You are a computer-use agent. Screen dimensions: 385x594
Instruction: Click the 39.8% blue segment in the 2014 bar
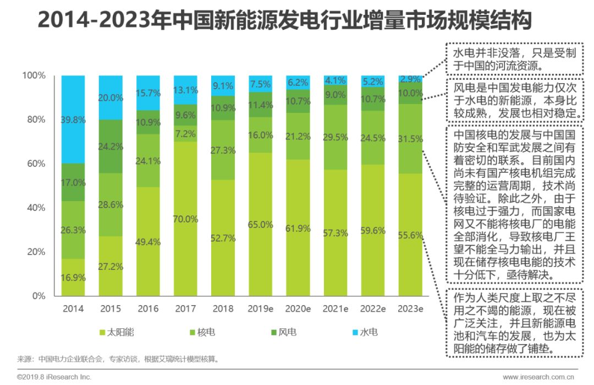73,120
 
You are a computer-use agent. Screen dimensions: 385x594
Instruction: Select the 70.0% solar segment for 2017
186,219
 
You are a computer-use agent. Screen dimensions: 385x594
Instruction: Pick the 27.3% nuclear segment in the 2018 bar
223,150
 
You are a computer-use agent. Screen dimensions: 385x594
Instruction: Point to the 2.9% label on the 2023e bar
411,79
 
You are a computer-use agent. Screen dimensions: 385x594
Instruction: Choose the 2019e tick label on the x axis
261,308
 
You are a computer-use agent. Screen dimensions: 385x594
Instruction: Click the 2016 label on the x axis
148,308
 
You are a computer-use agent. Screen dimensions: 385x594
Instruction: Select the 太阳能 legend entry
117,332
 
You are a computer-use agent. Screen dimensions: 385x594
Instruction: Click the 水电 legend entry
365,332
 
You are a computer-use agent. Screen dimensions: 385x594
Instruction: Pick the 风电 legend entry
282,332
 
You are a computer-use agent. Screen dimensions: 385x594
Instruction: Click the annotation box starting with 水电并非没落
514,59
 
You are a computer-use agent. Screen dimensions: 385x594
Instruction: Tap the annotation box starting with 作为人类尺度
514,322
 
